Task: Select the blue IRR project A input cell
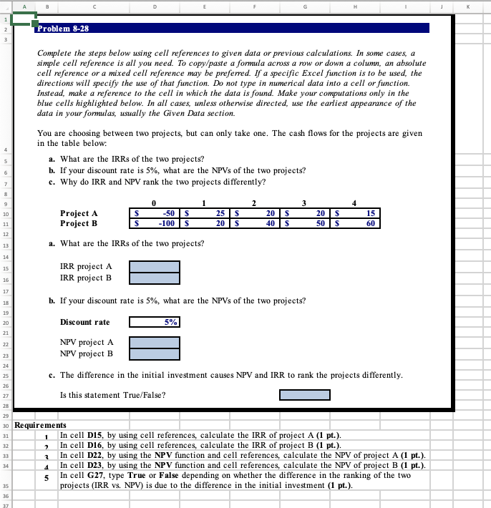point(154,266)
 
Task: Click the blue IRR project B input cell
point(154,278)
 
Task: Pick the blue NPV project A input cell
point(154,342)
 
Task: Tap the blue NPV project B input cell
point(154,353)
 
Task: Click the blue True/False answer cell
point(304,395)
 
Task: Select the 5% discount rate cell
point(154,322)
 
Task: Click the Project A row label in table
point(79,213)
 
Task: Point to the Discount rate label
point(85,322)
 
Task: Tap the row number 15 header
point(5,268)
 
